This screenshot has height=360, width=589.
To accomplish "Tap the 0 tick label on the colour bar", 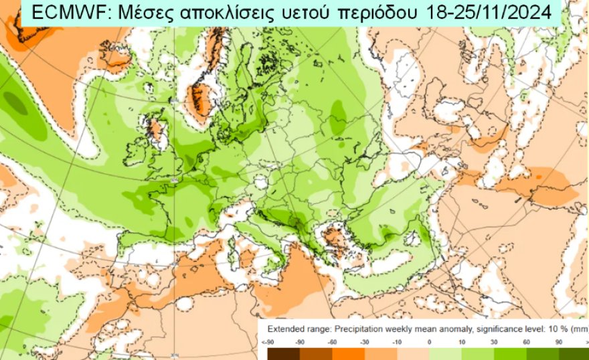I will pos(428,342).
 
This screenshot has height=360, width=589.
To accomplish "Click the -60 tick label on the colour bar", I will pos(333,342).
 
